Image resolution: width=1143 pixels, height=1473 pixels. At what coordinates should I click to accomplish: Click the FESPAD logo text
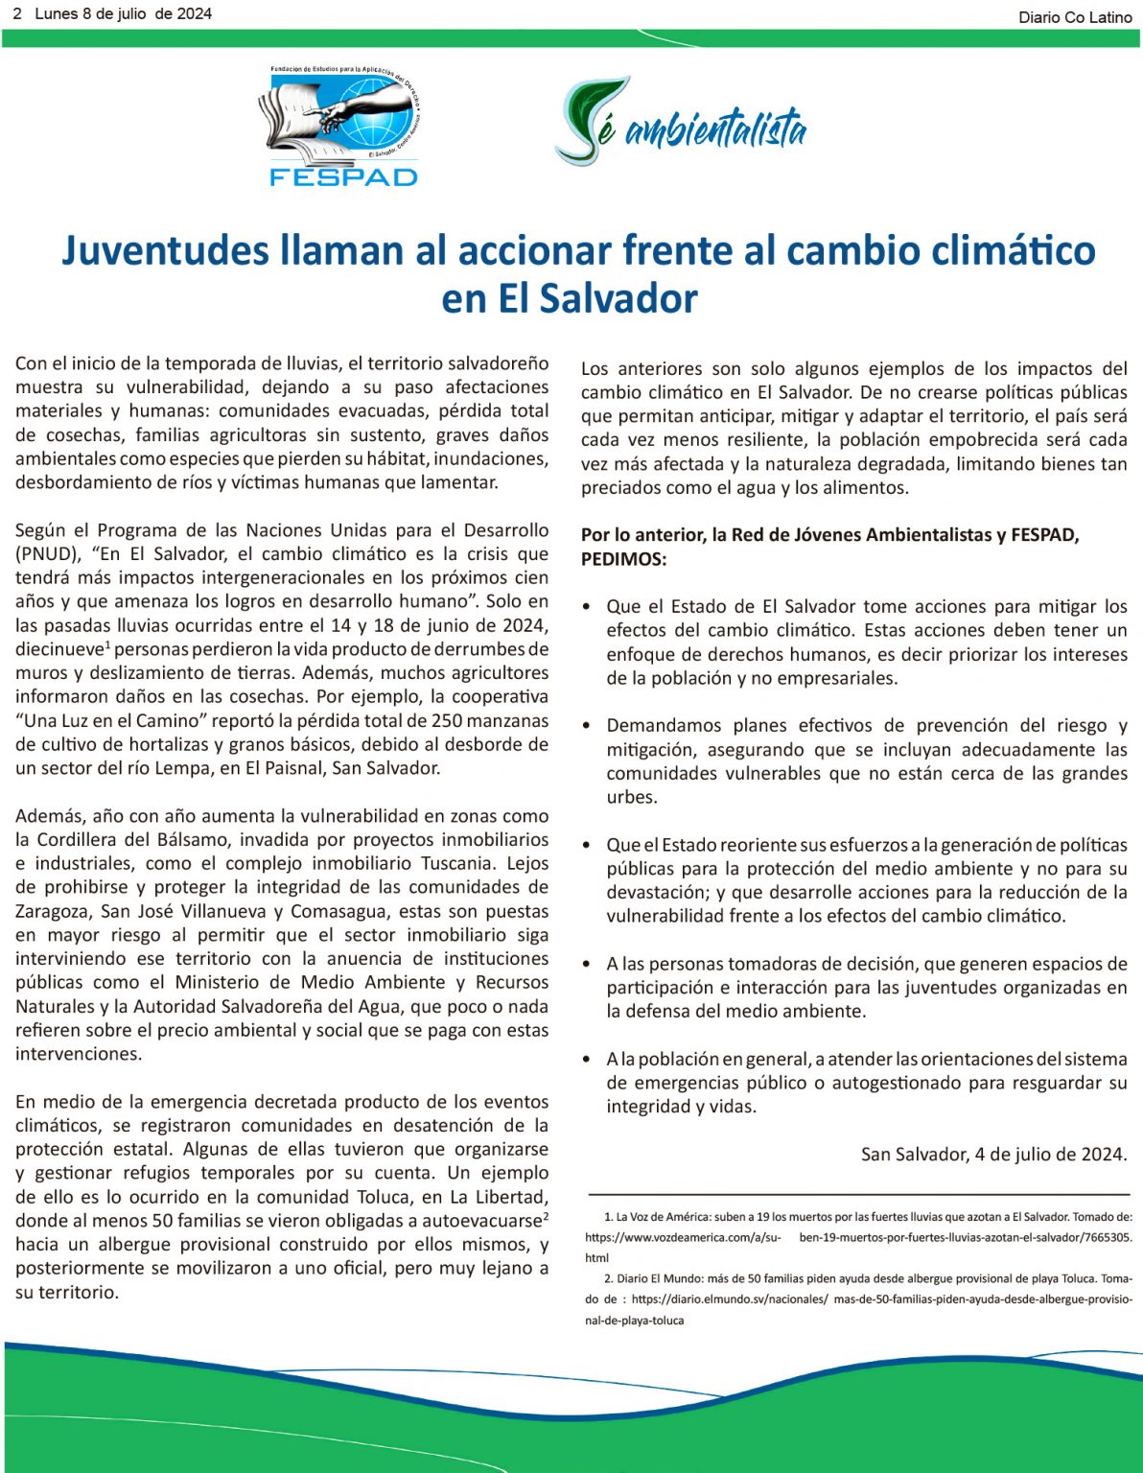click(x=343, y=176)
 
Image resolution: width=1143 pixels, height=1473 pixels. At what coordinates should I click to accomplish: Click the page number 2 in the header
click(x=17, y=13)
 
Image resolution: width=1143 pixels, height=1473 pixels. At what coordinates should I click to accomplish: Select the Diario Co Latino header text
click(x=1075, y=17)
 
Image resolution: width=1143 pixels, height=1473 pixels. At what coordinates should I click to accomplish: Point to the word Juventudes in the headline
click(x=165, y=250)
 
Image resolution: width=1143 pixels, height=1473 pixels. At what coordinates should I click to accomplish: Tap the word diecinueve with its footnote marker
click(x=62, y=649)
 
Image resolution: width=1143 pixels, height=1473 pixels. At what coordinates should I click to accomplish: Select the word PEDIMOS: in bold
click(x=623, y=559)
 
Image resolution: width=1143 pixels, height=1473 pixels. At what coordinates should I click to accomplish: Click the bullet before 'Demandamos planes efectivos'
click(x=587, y=726)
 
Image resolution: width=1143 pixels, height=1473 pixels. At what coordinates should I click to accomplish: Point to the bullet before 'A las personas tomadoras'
click(x=587, y=964)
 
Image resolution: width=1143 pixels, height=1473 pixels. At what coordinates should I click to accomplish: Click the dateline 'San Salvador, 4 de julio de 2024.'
click(x=993, y=1155)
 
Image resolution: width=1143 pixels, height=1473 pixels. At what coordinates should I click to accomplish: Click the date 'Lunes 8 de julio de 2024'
click(x=123, y=13)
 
